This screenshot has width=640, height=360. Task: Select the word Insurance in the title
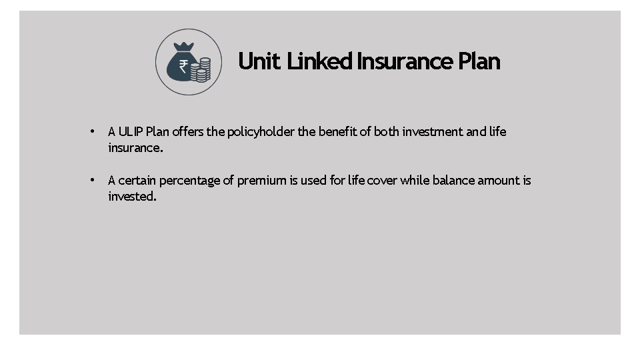[405, 61]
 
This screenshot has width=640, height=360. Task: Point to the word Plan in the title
[479, 61]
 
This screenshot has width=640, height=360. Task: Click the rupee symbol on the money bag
[183, 66]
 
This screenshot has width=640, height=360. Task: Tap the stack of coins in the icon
[201, 69]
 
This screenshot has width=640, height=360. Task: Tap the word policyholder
[261, 132]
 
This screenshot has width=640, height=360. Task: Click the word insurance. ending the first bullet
[135, 148]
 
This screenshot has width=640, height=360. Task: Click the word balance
[455, 181]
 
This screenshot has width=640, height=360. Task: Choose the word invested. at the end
[132, 197]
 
